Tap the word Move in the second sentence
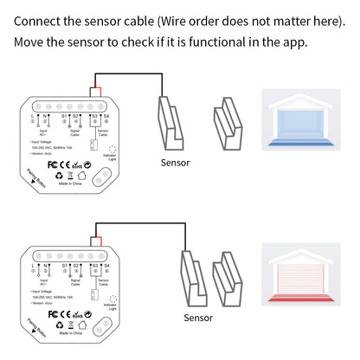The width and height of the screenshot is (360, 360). [30, 42]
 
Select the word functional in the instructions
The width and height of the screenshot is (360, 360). [222, 42]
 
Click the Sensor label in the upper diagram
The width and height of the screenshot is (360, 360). [177, 162]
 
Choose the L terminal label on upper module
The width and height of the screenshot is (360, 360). [32, 114]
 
